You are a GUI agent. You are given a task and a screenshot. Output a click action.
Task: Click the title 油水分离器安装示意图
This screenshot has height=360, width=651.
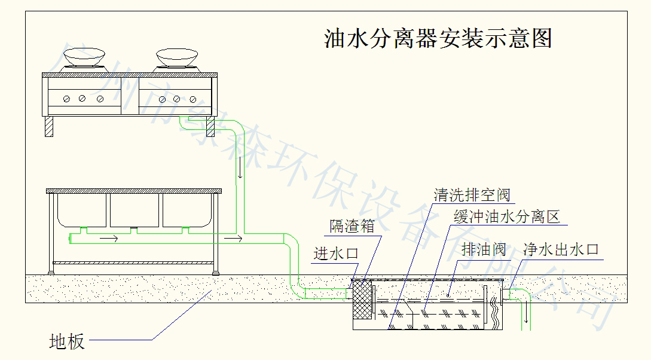[x=437, y=38]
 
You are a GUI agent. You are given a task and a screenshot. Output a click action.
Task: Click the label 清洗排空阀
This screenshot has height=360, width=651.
[x=472, y=195]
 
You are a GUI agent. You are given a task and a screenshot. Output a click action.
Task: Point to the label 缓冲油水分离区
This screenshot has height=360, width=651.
[x=506, y=216]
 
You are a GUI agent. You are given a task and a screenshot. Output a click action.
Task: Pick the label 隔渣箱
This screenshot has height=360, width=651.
[x=352, y=226]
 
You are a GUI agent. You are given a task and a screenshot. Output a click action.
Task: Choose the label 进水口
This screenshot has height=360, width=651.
[x=336, y=253]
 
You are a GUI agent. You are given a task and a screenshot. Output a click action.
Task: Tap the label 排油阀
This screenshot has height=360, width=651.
[x=484, y=249]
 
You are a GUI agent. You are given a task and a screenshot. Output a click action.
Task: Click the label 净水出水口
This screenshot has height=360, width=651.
[x=561, y=249]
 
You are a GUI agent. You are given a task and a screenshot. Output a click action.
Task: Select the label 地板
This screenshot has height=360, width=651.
[x=66, y=342]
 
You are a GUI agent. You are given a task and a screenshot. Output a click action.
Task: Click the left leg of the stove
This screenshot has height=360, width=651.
[x=48, y=126]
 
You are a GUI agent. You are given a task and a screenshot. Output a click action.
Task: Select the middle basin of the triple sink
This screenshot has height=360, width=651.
[x=135, y=210]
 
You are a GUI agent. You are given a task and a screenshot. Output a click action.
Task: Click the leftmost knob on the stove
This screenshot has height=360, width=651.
[x=68, y=98]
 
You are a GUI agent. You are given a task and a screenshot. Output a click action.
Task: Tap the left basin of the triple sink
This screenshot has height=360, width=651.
[x=81, y=210]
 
